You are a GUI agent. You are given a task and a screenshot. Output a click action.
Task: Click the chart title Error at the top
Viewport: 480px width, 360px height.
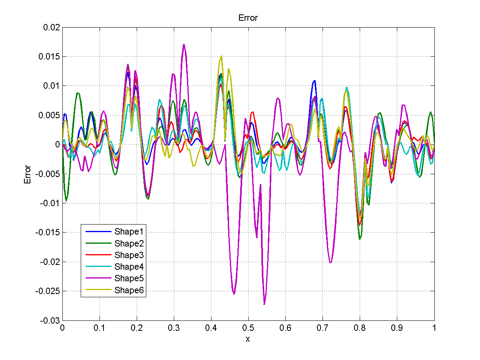[248, 18]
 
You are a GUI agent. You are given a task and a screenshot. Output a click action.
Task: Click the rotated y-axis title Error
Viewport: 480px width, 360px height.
[28, 174]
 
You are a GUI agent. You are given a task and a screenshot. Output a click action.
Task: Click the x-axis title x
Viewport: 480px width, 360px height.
[248, 339]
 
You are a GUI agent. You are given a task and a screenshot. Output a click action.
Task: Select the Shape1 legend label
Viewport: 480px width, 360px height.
[129, 231]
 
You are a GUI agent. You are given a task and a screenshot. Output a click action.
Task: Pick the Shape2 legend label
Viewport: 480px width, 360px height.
[129, 243]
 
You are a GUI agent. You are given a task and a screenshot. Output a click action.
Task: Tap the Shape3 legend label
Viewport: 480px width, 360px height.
[129, 255]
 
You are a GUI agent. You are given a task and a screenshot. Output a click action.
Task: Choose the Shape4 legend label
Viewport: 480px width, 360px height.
[129, 267]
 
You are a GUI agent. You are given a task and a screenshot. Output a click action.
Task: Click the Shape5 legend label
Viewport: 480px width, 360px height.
[129, 278]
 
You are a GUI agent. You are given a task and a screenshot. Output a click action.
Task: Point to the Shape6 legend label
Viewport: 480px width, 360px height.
[129, 290]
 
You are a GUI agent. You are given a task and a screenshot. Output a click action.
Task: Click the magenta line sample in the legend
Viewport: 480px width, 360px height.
[98, 278]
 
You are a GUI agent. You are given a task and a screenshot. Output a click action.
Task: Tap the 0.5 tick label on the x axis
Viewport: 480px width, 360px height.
[248, 327]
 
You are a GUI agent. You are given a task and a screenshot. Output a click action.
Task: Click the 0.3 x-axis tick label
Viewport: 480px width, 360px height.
[174, 327]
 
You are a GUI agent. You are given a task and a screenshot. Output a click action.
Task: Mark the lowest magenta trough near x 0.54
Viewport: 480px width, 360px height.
[264, 304]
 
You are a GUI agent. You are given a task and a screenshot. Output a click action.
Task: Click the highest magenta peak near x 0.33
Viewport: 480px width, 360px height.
[184, 44]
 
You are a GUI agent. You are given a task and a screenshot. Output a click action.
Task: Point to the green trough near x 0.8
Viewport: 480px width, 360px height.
[360, 239]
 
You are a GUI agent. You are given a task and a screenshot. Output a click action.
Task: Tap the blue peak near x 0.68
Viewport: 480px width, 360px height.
[315, 81]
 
